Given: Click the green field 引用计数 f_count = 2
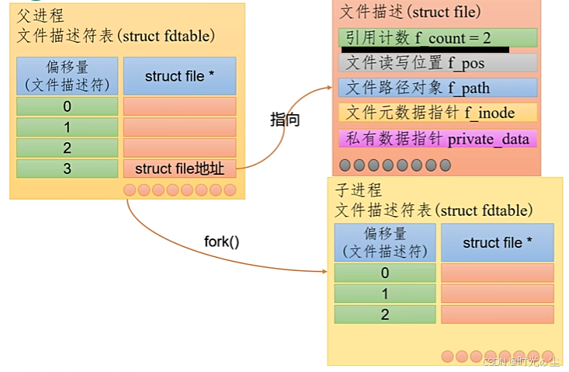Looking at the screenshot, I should tap(437, 37).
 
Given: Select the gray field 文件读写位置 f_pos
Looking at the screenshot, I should tap(437, 63).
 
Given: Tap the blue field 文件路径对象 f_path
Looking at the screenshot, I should tap(437, 88).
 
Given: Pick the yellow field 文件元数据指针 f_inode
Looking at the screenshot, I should tap(437, 113).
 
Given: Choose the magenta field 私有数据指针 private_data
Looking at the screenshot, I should tap(437, 139).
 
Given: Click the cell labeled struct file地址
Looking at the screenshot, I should tap(179, 169).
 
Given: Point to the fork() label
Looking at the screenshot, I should tap(221, 242).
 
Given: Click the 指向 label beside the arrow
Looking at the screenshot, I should tap(285, 120).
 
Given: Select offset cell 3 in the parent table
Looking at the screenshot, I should tap(67, 169).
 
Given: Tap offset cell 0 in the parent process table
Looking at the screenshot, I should tap(67, 106).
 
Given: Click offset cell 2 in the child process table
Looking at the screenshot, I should tap(385, 315).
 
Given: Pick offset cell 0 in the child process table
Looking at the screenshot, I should tap(385, 273).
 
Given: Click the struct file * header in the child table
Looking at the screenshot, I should tap(497, 243).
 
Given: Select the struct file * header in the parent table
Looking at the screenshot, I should tap(179, 76).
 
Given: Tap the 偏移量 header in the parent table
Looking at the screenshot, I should tap(67, 76).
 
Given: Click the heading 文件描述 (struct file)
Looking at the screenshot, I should tap(410, 12).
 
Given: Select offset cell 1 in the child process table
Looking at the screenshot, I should tap(385, 294).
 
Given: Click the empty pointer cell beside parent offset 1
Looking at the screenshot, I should tap(179, 127).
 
